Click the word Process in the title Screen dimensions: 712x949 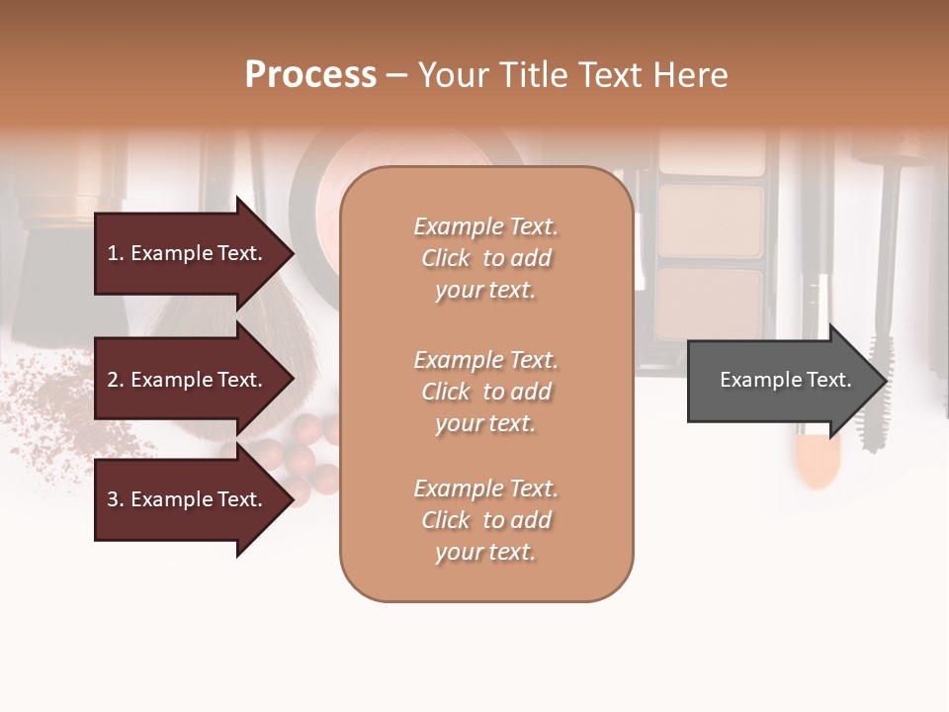(310, 75)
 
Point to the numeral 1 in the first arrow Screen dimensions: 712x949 (113, 253)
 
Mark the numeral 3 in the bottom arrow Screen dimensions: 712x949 (113, 499)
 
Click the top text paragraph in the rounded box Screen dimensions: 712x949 (485, 258)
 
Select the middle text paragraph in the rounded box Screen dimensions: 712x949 (485, 392)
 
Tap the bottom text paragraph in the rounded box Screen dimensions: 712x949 (485, 520)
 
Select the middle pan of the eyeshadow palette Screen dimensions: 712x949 (712, 217)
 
